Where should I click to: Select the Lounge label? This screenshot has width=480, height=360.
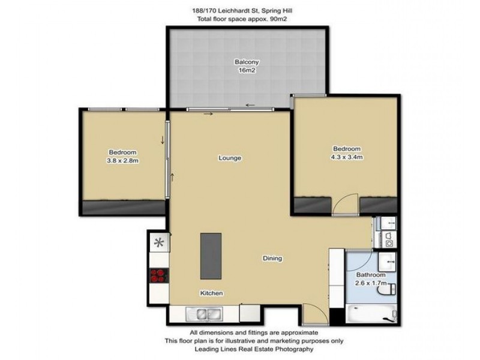(229, 158)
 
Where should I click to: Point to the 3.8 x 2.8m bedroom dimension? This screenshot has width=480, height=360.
(123, 160)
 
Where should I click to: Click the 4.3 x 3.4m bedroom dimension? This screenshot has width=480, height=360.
(347, 157)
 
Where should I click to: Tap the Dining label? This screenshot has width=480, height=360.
(272, 259)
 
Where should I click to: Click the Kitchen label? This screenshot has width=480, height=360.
(212, 293)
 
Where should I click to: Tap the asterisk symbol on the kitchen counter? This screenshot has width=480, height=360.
(159, 243)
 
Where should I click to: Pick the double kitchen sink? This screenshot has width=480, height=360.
(204, 313)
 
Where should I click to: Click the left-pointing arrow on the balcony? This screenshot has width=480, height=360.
(250, 106)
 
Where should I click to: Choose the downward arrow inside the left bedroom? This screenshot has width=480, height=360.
(163, 140)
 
